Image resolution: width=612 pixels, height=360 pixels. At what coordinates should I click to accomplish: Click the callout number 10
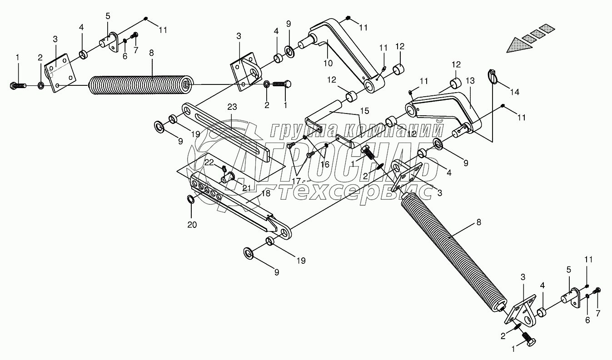pyautogui.click(x=328, y=63)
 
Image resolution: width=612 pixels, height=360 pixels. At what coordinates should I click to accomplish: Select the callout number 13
pyautogui.click(x=470, y=81)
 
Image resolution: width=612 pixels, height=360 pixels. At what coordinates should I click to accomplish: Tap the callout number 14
pyautogui.click(x=515, y=92)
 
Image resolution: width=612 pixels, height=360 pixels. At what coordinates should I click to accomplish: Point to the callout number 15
pyautogui.click(x=364, y=111)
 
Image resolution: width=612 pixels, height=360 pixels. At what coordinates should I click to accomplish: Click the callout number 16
pyautogui.click(x=325, y=164)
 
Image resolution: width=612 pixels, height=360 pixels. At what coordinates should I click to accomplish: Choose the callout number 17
pyautogui.click(x=296, y=181)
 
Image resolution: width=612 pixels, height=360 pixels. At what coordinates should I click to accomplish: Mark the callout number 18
pyautogui.click(x=266, y=193)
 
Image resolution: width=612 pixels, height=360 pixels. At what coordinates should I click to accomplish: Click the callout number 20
pyautogui.click(x=192, y=225)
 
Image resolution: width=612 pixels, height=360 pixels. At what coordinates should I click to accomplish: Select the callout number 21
pyautogui.click(x=246, y=188)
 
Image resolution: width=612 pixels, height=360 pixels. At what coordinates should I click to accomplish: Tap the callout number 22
pyautogui.click(x=209, y=163)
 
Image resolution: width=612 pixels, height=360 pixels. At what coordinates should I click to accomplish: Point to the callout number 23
pyautogui.click(x=232, y=107)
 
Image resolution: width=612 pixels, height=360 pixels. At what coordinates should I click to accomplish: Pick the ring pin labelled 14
pyautogui.click(x=492, y=77)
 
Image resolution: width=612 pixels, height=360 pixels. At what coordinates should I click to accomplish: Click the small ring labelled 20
pyautogui.click(x=191, y=199)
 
